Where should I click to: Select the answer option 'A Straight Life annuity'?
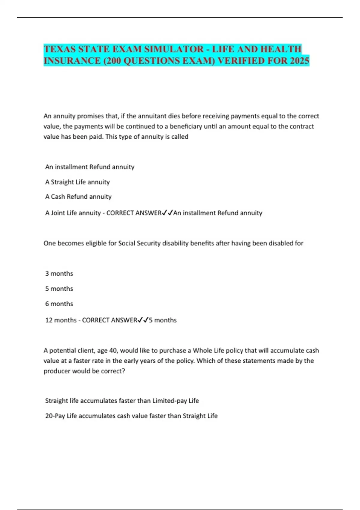77,182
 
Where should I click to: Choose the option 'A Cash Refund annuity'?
78,197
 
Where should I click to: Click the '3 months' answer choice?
59,274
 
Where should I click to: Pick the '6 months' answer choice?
59,304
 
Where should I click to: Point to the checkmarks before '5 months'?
143,320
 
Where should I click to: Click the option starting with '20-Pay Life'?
131,416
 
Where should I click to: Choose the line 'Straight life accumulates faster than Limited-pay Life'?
122,401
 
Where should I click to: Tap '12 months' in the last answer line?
61,320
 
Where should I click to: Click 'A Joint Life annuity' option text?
73,213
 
